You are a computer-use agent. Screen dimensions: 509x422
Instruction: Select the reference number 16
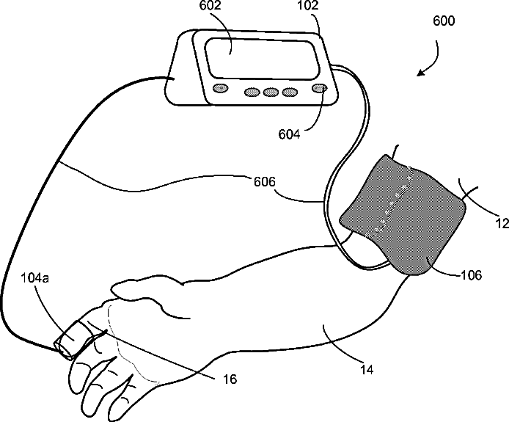coord(230,379)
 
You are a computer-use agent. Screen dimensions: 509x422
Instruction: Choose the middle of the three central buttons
coord(271,92)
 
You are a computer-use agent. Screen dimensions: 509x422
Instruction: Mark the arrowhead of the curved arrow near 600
coord(420,73)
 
